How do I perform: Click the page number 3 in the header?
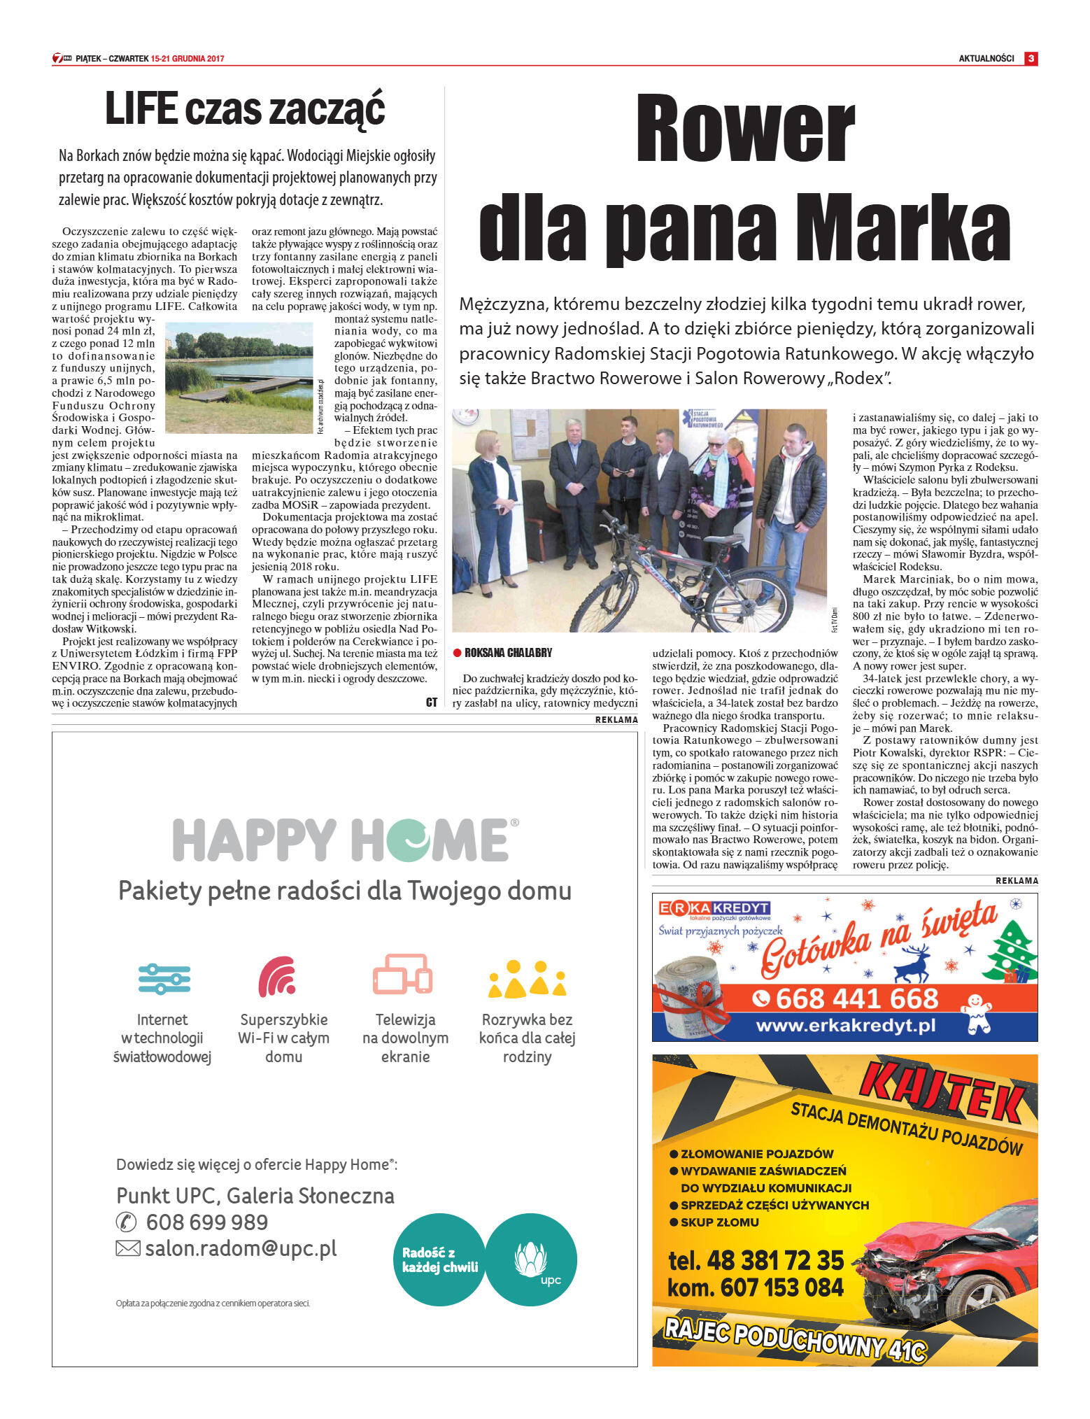(1031, 59)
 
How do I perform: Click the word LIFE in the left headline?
(140, 109)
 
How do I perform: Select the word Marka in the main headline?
(910, 229)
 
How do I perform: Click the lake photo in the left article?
(239, 377)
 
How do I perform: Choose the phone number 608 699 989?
(206, 1222)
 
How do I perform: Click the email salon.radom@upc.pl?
(240, 1248)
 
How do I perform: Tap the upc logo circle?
(531, 1259)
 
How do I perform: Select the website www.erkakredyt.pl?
(845, 1026)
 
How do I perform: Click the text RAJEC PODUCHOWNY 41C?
(795, 1338)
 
